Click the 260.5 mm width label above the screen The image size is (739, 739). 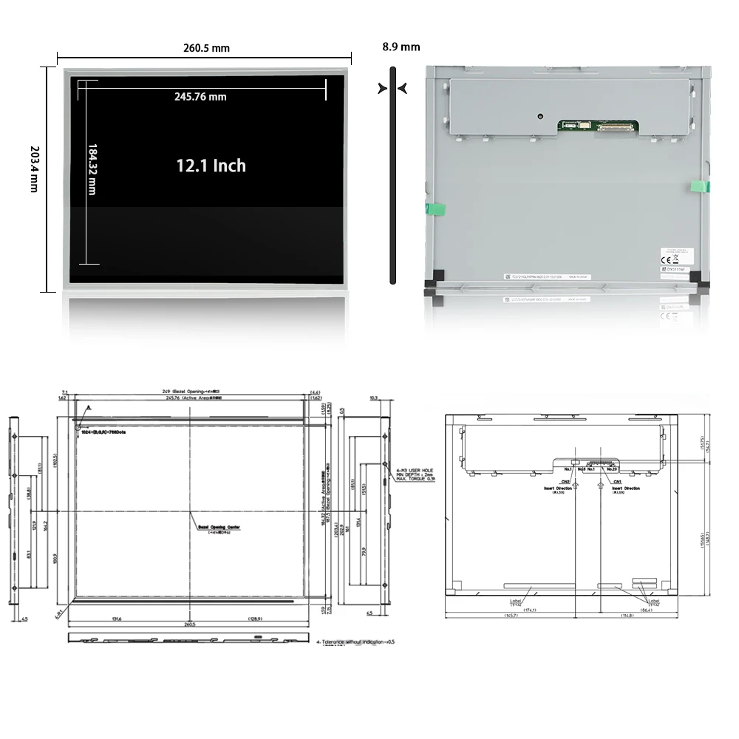(x=206, y=48)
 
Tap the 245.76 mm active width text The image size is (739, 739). (x=200, y=96)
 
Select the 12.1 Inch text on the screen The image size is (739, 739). (x=211, y=166)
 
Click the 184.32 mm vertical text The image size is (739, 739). (x=92, y=169)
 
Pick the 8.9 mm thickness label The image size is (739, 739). (x=401, y=47)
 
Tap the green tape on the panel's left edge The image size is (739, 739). (x=435, y=209)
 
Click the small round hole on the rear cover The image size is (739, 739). (x=541, y=116)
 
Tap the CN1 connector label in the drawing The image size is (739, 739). (x=616, y=482)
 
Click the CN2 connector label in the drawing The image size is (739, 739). (x=566, y=482)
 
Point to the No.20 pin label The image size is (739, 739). (x=610, y=469)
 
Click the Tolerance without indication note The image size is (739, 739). (x=355, y=641)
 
